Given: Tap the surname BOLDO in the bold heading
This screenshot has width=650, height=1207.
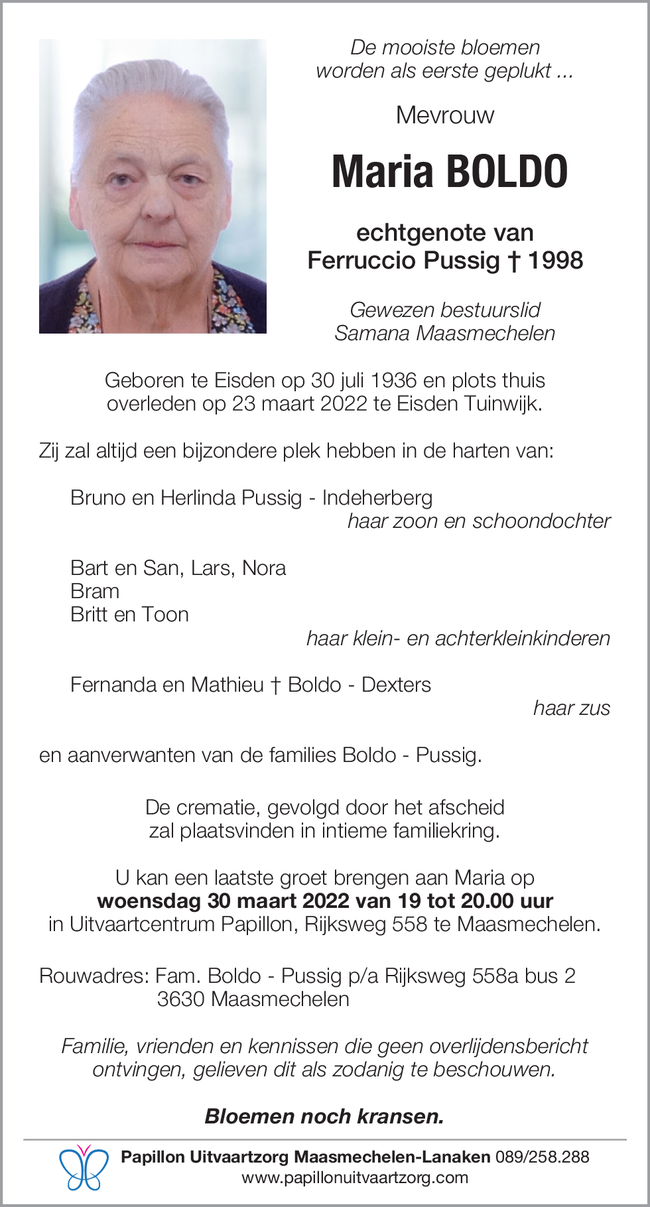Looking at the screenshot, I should pos(507,172).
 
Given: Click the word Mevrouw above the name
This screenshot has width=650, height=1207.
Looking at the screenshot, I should pos(445,115).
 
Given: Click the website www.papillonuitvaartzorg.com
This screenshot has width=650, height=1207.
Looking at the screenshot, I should pos(355,1178).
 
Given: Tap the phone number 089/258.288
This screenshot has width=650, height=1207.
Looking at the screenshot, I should pos(542,1157).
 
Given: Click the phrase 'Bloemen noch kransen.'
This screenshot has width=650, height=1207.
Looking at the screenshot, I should pos(324,1117).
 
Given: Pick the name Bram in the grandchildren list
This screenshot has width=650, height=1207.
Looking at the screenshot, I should pos(95,592).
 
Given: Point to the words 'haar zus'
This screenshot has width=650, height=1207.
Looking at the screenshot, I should pos(571,708).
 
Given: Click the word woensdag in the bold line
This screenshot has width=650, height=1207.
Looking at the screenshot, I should pos(149,901).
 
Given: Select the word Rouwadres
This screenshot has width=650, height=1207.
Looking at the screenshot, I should pos(94,976).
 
